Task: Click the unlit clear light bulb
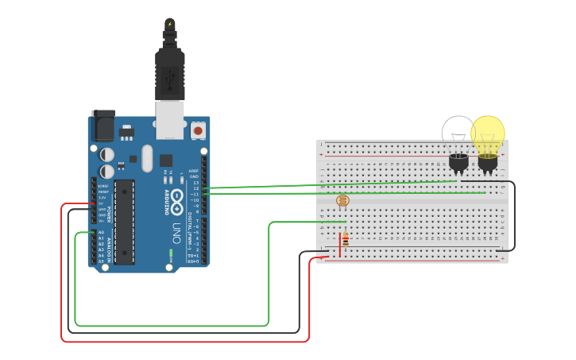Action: pos(458,133)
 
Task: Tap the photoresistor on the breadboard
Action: pos(342,201)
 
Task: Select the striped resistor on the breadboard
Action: pos(345,239)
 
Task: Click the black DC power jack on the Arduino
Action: pos(102,126)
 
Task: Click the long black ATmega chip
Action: pos(124,221)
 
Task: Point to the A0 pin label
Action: pos(101,233)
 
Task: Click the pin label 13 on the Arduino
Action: pos(195,183)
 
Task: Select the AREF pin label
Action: pos(193,171)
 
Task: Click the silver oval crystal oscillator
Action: pos(147,158)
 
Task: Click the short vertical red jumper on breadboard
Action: pos(339,244)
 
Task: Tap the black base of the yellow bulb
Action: pos(487,162)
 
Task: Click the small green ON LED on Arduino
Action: pos(171,254)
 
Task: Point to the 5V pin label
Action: pos(101,204)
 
